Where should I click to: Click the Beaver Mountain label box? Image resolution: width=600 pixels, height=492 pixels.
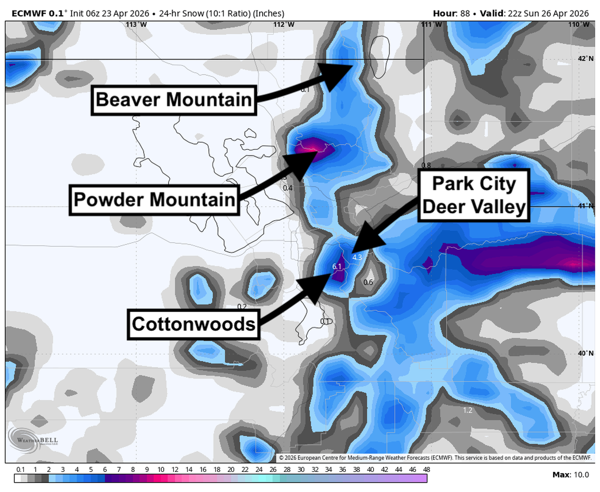tap(174, 99)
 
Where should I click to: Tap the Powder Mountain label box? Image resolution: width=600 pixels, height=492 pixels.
tap(154, 199)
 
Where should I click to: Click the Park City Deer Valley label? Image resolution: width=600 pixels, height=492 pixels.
tap(474, 196)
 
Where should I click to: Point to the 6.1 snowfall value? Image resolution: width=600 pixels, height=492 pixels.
tap(337, 266)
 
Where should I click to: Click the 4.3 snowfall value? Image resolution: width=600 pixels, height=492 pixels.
tap(357, 257)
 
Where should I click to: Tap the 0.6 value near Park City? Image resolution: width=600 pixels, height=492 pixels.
tap(368, 282)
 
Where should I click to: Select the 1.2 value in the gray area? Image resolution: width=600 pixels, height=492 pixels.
tap(467, 409)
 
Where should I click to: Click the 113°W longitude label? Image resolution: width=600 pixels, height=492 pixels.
tap(136, 25)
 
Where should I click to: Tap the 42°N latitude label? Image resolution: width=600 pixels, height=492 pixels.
tap(585, 58)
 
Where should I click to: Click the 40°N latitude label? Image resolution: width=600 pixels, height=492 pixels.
tap(585, 353)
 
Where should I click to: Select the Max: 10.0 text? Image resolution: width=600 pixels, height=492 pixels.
tap(571, 475)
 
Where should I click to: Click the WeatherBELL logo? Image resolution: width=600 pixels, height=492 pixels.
tap(33, 440)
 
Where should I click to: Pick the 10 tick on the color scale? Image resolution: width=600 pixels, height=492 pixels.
tap(161, 469)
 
